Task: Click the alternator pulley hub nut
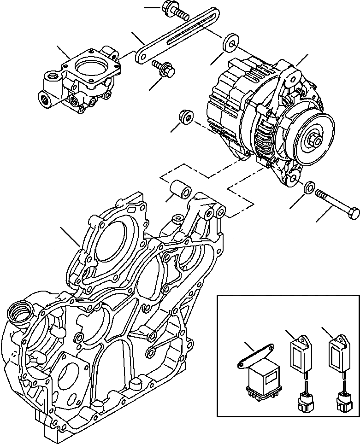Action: click(x=317, y=138)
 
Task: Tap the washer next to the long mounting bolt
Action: click(x=309, y=187)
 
